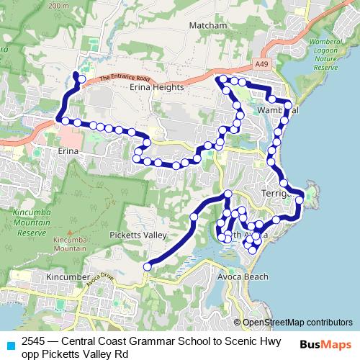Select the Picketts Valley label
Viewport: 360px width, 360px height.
coord(138,235)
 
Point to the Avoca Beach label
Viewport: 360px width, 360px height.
coord(243,276)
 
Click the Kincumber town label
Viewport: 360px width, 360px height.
coord(67,276)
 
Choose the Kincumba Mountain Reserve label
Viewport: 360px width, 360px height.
coord(32,223)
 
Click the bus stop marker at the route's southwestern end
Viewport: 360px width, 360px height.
coord(147,267)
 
